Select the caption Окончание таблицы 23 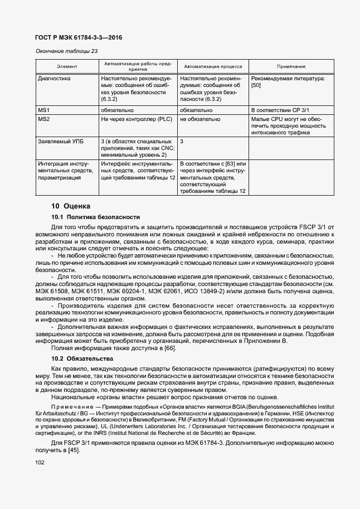pos(66,51)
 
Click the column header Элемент pos(67,66)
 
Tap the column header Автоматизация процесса pos(213,66)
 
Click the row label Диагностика pos(54,79)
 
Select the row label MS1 pos(44,110)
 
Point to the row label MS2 pos(44,119)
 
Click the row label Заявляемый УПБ pos(60,142)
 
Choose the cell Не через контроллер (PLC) pos(136,119)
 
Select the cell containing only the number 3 pos(182,142)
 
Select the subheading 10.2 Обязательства pos(82,358)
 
